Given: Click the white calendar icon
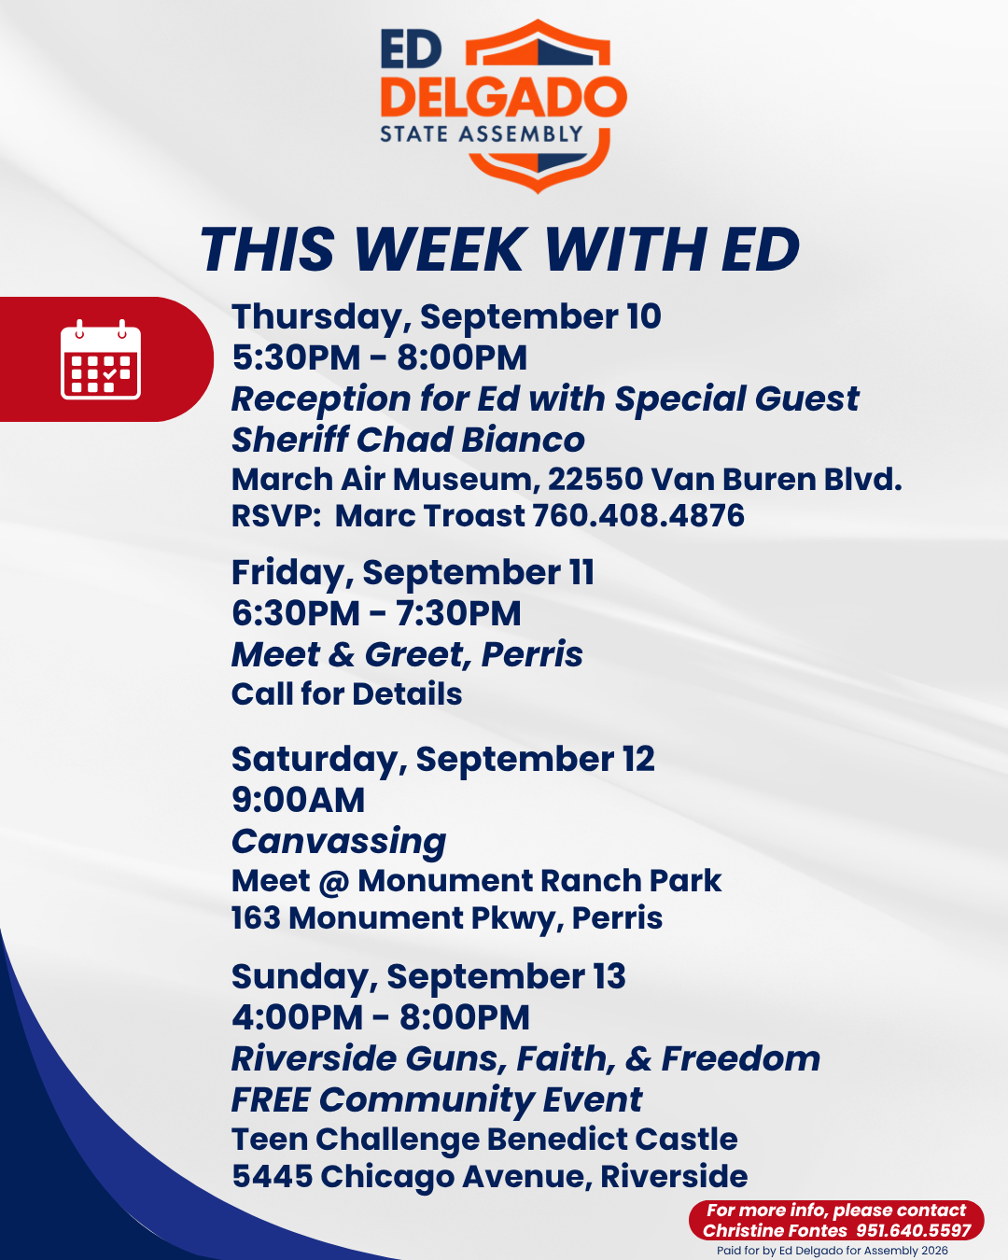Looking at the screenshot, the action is tap(101, 359).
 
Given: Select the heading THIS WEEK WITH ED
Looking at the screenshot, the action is tap(499, 249).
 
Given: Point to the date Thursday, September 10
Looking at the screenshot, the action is tap(446, 317).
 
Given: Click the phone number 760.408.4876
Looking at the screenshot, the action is tap(638, 515).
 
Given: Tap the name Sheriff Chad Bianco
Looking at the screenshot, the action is tap(408, 440).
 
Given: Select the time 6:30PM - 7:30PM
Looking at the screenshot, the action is tap(376, 613).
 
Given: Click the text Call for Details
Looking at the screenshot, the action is tap(347, 693).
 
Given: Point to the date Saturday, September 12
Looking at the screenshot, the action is tap(442, 760).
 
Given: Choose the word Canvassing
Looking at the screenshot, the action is tap(339, 841).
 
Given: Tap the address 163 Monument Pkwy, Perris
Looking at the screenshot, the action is tap(447, 917).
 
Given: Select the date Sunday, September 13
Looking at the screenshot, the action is tap(428, 976).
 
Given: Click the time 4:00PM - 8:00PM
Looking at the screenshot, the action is tap(381, 1017).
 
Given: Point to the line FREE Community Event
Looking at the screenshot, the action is tap(437, 1099).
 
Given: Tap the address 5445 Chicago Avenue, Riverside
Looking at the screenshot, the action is tap(490, 1176).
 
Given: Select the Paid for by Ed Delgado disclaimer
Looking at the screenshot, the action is tap(833, 1251).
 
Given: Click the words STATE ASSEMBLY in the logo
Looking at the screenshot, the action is tap(482, 134).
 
